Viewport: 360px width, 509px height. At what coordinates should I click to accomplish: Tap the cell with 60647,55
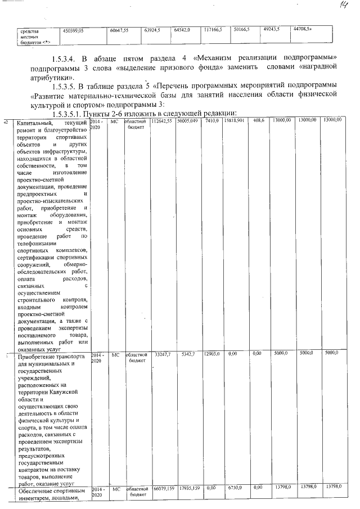[x=118, y=30]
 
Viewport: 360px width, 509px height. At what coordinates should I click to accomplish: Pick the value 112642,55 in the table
[x=162, y=121]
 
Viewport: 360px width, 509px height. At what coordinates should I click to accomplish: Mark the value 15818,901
[x=233, y=121]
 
